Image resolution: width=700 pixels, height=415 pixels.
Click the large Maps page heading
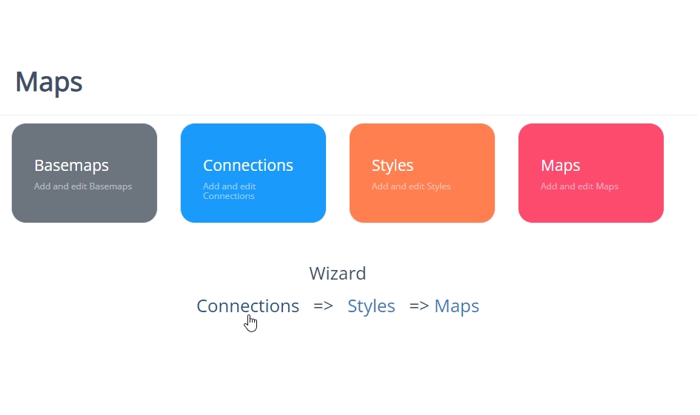click(x=49, y=82)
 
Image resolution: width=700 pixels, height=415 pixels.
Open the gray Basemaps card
click(x=84, y=173)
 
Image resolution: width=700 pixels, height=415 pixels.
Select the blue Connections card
click(x=253, y=173)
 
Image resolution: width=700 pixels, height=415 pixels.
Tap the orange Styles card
click(x=422, y=173)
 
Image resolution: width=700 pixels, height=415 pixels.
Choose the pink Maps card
click(x=590, y=173)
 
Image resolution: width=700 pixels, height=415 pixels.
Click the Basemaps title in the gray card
click(x=71, y=166)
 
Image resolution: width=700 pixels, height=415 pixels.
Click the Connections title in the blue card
click(x=247, y=166)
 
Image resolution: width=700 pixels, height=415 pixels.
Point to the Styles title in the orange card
click(x=393, y=166)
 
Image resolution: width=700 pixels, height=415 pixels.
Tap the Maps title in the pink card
click(x=560, y=166)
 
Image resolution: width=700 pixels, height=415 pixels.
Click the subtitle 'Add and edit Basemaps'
click(x=83, y=186)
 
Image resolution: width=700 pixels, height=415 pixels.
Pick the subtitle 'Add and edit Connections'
click(x=230, y=192)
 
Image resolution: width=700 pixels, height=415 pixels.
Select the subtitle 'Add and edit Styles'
click(x=411, y=186)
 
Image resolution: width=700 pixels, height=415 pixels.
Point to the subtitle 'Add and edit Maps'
click(x=579, y=186)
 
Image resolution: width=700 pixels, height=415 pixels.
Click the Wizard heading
click(x=338, y=273)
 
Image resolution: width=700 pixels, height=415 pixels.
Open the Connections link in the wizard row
click(x=247, y=306)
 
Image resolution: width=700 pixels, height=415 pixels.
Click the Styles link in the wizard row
click(x=371, y=306)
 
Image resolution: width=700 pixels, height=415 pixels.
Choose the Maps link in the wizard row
click(x=457, y=306)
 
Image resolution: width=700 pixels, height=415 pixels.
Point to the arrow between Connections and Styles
click(x=323, y=306)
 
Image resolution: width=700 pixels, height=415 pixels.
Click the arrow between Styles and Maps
click(x=419, y=306)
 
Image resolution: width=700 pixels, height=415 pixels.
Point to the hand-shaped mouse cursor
click(x=251, y=323)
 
